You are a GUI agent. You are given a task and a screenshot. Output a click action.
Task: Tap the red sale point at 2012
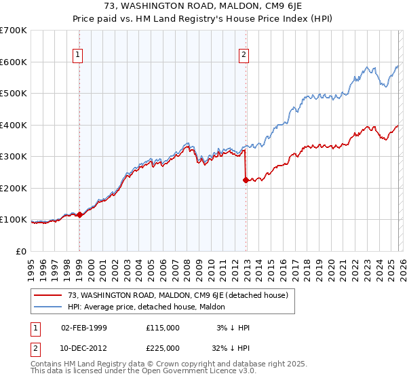(246, 180)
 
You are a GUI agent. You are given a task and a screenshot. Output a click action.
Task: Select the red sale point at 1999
(79, 214)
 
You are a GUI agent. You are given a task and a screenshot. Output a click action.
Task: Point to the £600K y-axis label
(14, 62)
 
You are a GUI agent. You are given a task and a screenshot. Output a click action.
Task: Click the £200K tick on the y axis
(14, 188)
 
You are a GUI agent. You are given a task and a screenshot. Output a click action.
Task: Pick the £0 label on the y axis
(20, 251)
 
